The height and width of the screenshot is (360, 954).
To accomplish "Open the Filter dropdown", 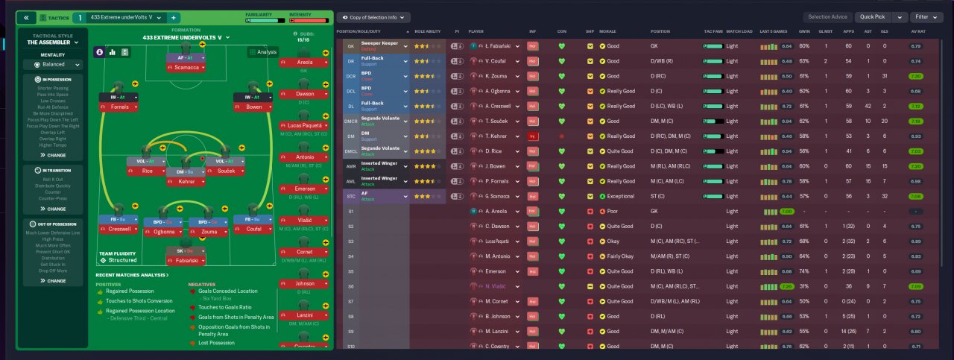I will coord(925,17).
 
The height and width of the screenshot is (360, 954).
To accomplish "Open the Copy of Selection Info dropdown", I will coord(373,17).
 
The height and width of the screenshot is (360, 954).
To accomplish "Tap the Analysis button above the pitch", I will coord(263,52).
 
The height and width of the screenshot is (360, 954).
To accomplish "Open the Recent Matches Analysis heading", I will coord(133,275).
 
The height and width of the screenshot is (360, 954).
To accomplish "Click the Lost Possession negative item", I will coord(214,343).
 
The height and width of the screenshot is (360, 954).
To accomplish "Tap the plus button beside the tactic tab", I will coord(174,17).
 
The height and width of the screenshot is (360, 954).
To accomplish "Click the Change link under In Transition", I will coord(57,209).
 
